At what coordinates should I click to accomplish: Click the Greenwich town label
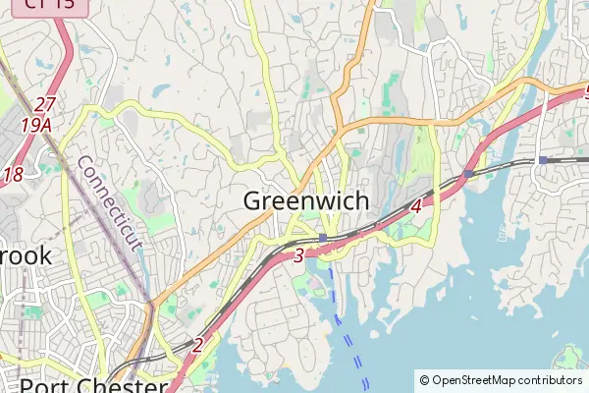tap(305, 201)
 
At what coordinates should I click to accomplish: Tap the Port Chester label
tap(93, 384)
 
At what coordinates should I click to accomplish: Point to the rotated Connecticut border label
tap(109, 203)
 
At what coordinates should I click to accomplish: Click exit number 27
tap(44, 104)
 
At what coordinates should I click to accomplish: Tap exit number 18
tap(13, 175)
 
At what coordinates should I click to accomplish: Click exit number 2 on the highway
tap(197, 345)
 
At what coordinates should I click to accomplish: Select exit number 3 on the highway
tap(297, 256)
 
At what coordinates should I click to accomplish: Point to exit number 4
tap(416, 206)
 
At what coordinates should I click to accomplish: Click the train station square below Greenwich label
tap(322, 238)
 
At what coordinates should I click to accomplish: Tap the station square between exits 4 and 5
tap(468, 173)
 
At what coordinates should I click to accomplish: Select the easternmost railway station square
tap(542, 159)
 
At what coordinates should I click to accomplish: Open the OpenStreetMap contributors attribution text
tap(500, 380)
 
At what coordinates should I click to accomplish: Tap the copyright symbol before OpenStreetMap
tap(424, 380)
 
